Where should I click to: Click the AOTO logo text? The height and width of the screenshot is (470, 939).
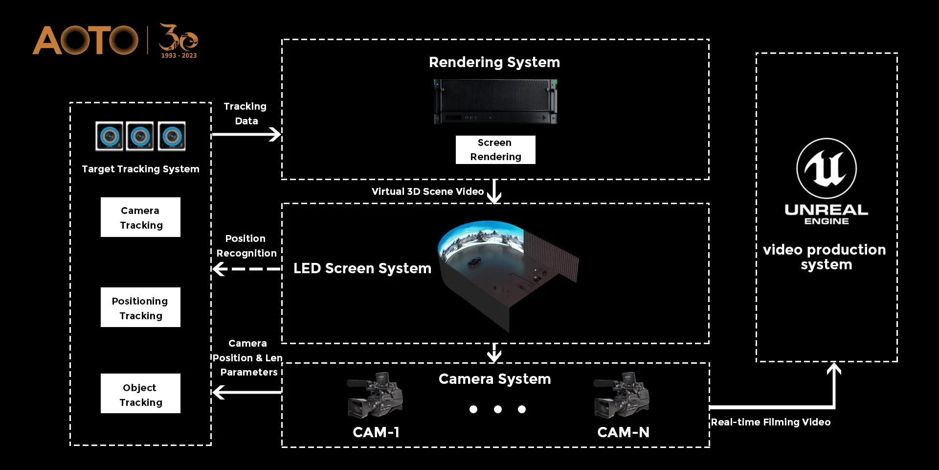pos(86,40)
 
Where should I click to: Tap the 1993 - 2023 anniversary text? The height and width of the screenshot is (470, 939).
pos(179,56)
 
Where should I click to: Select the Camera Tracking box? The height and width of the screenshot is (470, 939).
pos(140,217)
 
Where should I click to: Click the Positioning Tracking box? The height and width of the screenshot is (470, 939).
pos(140,307)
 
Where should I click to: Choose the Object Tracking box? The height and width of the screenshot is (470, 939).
pos(140,394)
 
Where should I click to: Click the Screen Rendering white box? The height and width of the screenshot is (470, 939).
pos(495,150)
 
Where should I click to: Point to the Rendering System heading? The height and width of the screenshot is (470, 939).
pos(494,62)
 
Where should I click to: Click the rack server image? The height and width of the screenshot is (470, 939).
pos(495,102)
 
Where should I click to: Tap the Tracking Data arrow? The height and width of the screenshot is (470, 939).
pos(246,134)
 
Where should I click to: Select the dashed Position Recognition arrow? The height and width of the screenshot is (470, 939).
pos(246,269)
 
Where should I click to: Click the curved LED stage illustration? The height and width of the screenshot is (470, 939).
pos(506,272)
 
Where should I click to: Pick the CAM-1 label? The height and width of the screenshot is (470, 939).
pos(376,432)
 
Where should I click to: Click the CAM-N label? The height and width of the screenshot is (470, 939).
pos(623,432)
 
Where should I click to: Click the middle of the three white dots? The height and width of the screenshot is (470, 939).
pos(498,409)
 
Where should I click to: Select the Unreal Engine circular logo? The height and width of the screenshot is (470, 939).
pos(827,168)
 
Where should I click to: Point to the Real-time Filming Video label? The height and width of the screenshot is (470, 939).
pos(770,422)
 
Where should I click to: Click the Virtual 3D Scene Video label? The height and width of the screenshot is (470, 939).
pos(427,191)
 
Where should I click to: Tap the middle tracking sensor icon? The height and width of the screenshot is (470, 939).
pos(140,136)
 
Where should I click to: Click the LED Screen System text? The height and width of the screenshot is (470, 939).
pos(362,268)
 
